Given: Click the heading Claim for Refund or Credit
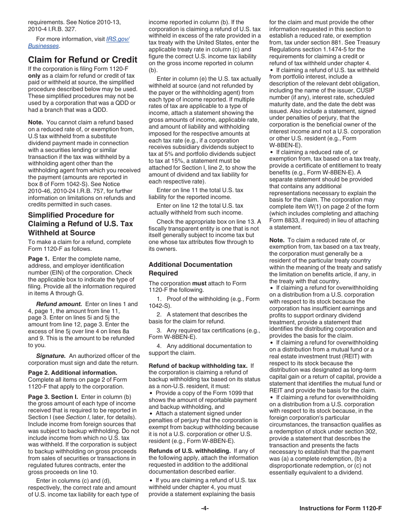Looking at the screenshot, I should pyautogui.click(x=82, y=60).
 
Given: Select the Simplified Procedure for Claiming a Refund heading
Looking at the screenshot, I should pyautogui.click(x=80, y=224).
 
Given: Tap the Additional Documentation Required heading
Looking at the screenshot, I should pyautogui.click(x=190, y=269).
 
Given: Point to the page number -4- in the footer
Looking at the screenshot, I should pyautogui.click(x=205, y=508).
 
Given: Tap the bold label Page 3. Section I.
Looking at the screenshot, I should pyautogui.click(x=53, y=397).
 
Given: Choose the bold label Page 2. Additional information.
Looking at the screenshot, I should pyautogui.click(x=73, y=373).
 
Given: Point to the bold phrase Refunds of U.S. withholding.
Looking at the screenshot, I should pyautogui.click(x=196, y=451).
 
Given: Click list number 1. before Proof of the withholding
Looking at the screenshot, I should pyautogui.click(x=159, y=299).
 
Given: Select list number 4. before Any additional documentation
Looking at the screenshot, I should pyautogui.click(x=159, y=346).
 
